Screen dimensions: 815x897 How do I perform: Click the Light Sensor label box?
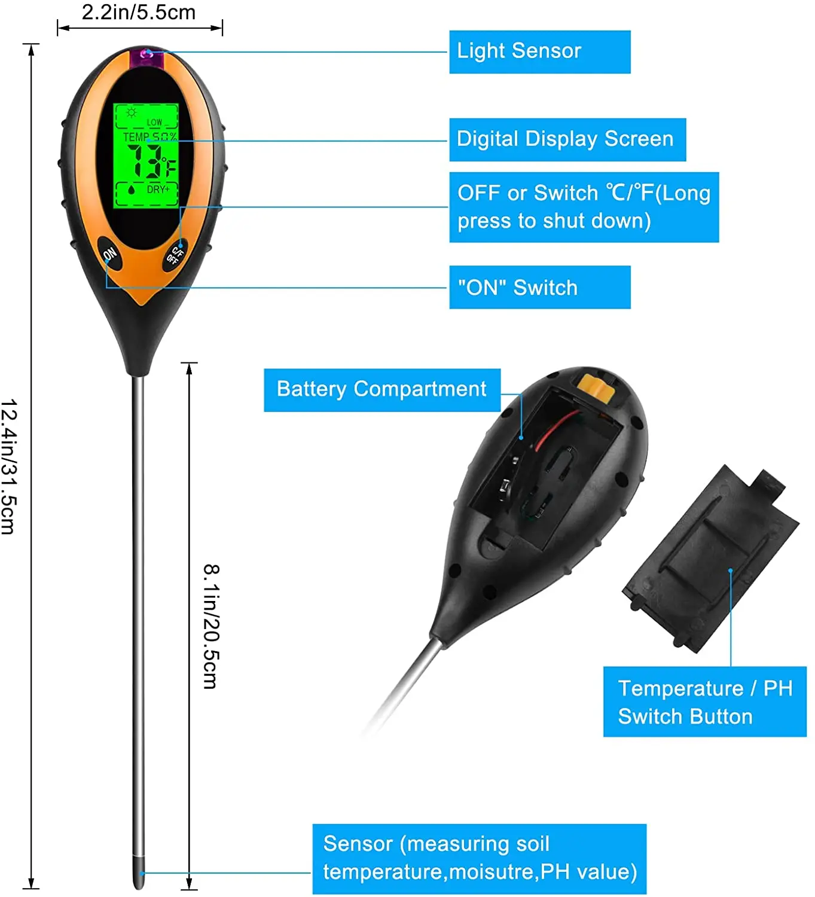pyautogui.click(x=539, y=52)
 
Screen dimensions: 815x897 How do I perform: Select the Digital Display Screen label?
pyautogui.click(x=567, y=139)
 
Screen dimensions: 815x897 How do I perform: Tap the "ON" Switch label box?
pyautogui.click(x=539, y=288)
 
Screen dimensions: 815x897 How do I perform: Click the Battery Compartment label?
pyautogui.click(x=381, y=390)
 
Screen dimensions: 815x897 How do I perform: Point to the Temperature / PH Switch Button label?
pyautogui.click(x=704, y=702)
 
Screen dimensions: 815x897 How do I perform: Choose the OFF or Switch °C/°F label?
pyautogui.click(x=584, y=207)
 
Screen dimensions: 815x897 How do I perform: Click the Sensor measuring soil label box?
pyautogui.click(x=479, y=858)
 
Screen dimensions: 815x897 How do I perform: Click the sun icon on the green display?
pyautogui.click(x=132, y=112)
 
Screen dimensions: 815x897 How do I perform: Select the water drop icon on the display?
pyautogui.click(x=132, y=190)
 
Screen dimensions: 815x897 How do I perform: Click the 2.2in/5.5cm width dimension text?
pyautogui.click(x=139, y=13)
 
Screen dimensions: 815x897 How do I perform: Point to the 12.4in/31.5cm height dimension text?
pyautogui.click(x=9, y=466)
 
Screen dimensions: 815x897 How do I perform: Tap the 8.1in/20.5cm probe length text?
pyautogui.click(x=211, y=626)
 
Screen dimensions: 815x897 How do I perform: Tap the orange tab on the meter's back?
pyautogui.click(x=596, y=390)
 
